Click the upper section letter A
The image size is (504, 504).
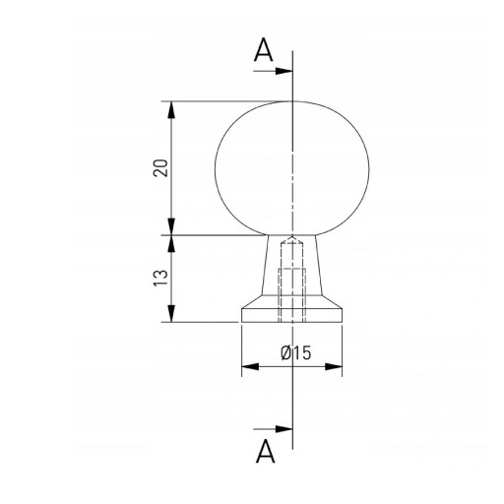point(263,50)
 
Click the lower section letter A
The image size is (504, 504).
point(266,451)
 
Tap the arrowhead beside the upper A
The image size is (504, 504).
point(283,71)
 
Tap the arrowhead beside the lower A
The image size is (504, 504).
point(283,428)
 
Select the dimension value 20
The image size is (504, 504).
point(160,168)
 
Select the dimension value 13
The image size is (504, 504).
point(160,279)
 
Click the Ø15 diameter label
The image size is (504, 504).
point(295,353)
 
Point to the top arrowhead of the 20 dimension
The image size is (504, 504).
point(171,110)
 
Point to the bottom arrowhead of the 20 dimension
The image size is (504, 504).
point(171,226)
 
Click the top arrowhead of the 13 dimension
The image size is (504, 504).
point(171,244)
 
